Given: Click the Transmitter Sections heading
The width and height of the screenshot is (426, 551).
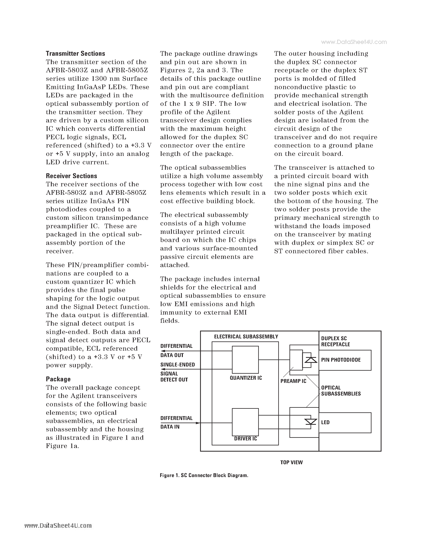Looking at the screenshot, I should tap(75, 53).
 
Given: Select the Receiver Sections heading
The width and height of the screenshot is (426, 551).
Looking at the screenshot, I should tap(71, 176).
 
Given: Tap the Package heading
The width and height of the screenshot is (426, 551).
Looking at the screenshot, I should tap(58, 379).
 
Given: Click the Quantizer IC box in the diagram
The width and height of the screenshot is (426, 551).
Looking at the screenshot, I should tap(245, 359).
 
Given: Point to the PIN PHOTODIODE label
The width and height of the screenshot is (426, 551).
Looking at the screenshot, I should tap(341, 360).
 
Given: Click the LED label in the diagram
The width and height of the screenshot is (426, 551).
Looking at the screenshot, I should tap(325, 422).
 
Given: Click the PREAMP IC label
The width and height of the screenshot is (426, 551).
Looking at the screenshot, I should tap(293, 381).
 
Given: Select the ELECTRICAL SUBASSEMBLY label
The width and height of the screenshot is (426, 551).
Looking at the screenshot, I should tap(246, 337).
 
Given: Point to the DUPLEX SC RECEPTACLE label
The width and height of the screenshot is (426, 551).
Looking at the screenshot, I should tap(335, 341).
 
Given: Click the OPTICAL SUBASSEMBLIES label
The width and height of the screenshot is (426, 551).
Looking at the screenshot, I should tap(341, 391).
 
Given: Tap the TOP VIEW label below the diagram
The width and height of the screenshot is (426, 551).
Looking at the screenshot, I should tap(291, 462).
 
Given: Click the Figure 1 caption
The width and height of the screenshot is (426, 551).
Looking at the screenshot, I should tap(204, 475).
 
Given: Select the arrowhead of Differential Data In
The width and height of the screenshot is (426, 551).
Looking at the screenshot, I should tap(198, 423).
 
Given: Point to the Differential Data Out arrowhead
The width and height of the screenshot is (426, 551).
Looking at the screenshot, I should tap(163, 351).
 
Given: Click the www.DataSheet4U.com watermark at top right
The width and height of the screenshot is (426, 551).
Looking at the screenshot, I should tap(354, 42).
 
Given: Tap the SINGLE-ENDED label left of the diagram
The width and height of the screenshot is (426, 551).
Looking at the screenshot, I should tap(177, 364).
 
